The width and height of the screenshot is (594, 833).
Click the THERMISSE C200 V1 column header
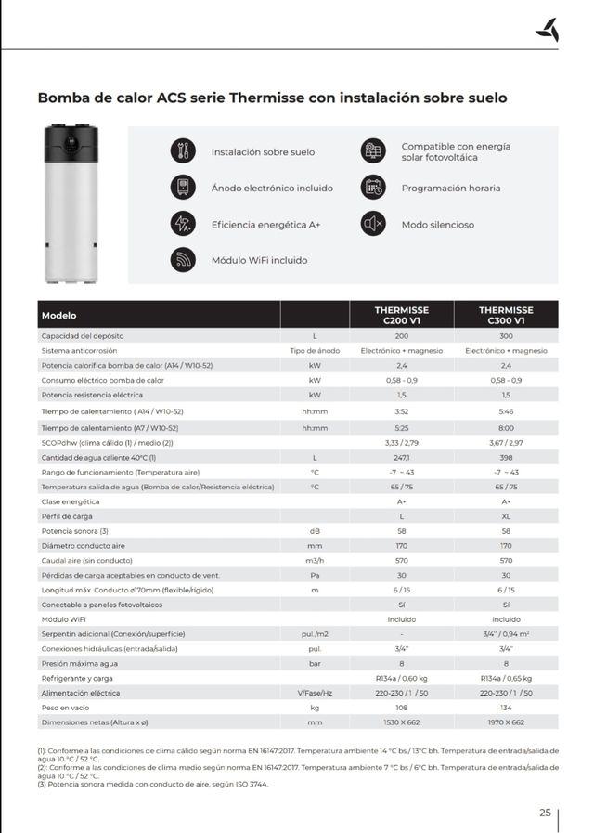(401, 315)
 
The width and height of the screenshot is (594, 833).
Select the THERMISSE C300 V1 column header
(506, 315)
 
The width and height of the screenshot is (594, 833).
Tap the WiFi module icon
(183, 259)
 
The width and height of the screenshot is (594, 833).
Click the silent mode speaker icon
(373, 224)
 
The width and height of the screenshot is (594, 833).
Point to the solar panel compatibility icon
(373, 151)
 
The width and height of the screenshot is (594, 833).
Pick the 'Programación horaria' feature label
(450, 188)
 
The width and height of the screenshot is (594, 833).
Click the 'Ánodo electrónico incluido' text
(272, 188)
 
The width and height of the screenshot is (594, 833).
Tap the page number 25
(545, 813)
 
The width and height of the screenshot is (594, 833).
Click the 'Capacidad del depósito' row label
(96, 335)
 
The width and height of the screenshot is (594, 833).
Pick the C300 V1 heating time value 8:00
(506, 427)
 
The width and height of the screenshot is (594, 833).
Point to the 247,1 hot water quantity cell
(401, 458)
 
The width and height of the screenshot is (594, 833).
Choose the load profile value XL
(506, 515)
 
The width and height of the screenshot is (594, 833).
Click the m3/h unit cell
(315, 560)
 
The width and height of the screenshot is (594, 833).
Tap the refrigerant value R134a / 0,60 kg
(401, 678)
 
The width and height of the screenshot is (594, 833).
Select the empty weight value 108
(401, 708)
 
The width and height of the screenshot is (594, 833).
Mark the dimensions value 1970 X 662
(506, 722)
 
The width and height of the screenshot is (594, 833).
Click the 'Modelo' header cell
(59, 315)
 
